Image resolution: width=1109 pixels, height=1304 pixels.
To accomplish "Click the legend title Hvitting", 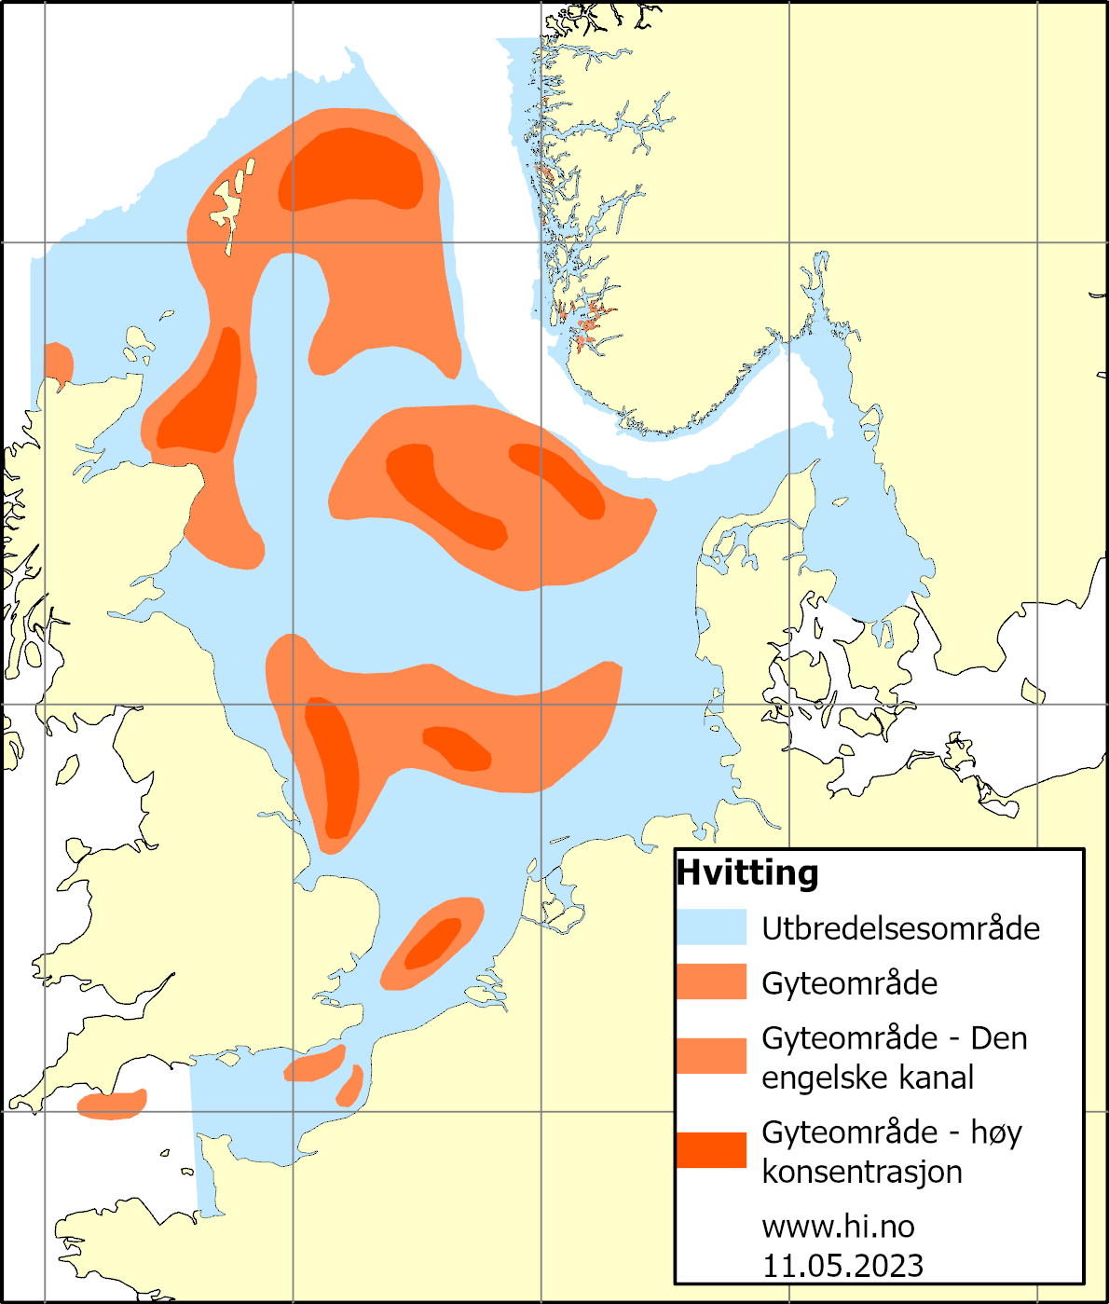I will [747, 872].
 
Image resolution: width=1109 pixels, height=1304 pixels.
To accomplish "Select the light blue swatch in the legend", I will [711, 927].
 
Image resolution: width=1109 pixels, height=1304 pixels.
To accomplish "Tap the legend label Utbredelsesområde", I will [900, 928].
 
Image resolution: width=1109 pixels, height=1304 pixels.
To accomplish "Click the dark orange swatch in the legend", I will [711, 1150].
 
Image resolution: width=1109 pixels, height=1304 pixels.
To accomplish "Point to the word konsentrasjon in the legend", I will [862, 1172].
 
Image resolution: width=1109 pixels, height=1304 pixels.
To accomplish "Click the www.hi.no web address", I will [838, 1226].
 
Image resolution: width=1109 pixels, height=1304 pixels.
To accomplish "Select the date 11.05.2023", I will [842, 1266].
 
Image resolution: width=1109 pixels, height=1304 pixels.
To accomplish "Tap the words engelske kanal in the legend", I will [868, 1078].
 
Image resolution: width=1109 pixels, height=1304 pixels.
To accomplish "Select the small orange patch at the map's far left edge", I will [58, 362].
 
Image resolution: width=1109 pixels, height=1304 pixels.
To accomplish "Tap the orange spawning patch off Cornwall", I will [112, 1105].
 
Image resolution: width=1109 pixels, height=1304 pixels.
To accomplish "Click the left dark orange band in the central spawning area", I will [443, 494].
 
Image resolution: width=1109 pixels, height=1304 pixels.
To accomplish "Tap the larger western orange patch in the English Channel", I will [315, 1064].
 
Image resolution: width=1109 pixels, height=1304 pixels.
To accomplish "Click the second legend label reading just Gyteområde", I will [850, 983].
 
